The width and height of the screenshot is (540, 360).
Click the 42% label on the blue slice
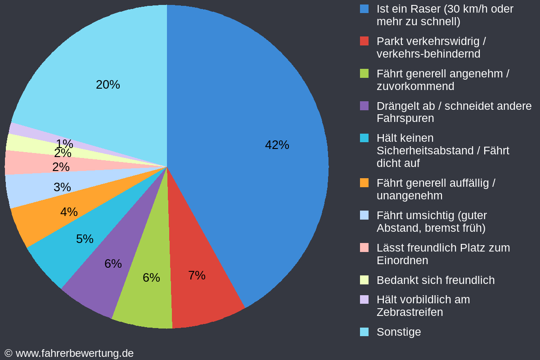[277, 145]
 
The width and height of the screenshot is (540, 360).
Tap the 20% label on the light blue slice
[108, 85]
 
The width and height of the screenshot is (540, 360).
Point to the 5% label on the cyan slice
[85, 239]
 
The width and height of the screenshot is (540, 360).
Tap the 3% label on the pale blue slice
[62, 187]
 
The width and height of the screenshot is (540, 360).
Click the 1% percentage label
[64, 144]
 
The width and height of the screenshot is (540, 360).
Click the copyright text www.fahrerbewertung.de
[69, 353]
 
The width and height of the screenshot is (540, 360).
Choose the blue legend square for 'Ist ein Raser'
[364, 9]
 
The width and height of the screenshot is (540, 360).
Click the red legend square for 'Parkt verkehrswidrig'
[364, 41]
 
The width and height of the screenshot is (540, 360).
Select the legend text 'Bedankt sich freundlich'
[435, 280]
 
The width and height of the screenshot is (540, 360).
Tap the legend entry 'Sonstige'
[399, 332]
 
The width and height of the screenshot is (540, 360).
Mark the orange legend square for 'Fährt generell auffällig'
[364, 183]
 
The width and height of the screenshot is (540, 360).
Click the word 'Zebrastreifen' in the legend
[409, 312]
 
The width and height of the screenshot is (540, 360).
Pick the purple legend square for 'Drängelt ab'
[364, 106]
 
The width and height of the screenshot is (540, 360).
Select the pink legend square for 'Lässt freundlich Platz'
[364, 247]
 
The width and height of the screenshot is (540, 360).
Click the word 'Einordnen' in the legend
[402, 261]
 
